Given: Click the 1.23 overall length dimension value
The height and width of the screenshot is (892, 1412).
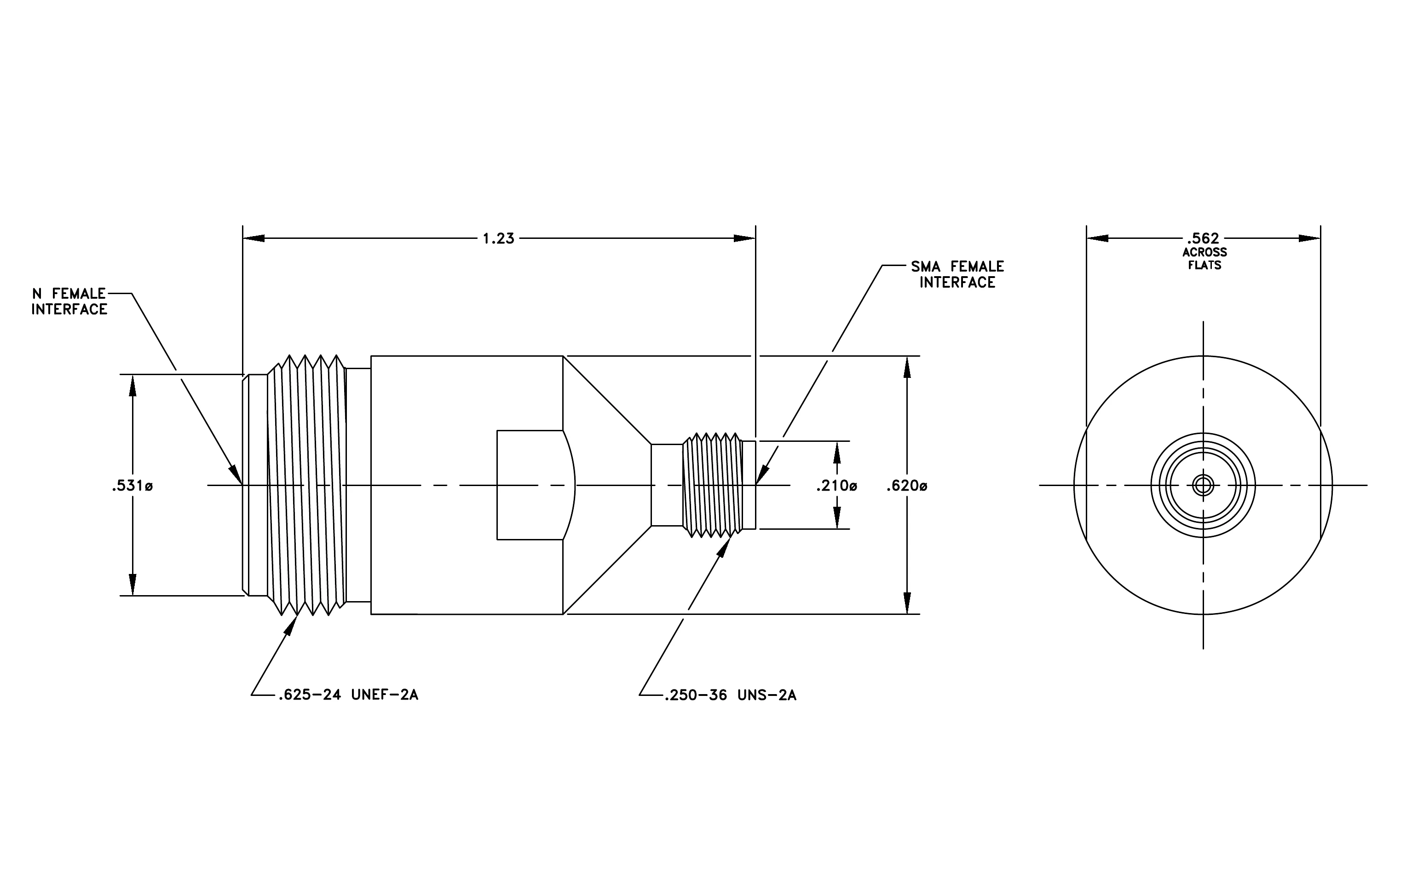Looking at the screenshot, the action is (498, 239).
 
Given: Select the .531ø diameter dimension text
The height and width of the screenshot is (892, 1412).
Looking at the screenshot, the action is (132, 486).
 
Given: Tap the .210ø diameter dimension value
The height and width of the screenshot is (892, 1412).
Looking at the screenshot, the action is (836, 486).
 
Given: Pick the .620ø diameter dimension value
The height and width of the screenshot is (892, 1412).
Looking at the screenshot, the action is (906, 486).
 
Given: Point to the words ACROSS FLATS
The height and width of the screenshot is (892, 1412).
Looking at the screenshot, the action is (1205, 259).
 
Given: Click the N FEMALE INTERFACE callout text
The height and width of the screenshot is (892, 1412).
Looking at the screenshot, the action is (69, 301).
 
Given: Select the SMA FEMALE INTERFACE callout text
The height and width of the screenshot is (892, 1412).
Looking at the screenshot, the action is (957, 274).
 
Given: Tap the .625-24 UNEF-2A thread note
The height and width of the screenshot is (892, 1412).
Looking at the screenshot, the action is (348, 695).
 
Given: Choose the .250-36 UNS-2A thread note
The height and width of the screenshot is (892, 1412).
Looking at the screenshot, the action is (731, 695).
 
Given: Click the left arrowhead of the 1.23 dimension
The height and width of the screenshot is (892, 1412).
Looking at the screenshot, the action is (254, 239).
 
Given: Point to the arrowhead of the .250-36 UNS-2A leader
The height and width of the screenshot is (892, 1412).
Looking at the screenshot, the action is (725, 547).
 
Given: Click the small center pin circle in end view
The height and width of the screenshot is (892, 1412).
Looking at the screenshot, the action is (1203, 486).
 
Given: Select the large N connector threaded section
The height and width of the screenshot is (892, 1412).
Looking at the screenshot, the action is (306, 485).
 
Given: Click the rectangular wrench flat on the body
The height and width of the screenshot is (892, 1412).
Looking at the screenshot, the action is (530, 485).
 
